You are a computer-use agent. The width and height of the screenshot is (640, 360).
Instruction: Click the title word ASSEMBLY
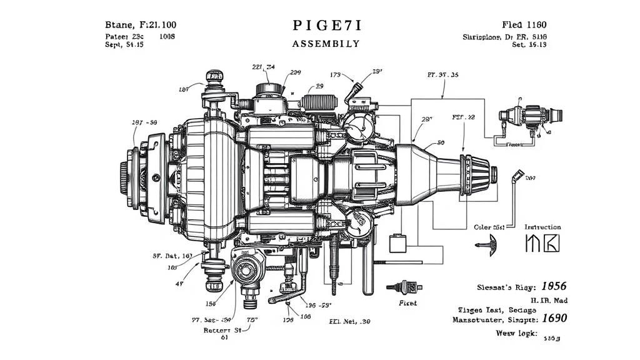pyautogui.click(x=326, y=44)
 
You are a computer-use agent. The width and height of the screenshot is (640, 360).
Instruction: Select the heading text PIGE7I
pyautogui.click(x=326, y=26)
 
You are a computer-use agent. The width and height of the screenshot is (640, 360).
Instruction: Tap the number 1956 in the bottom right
pyautogui.click(x=553, y=286)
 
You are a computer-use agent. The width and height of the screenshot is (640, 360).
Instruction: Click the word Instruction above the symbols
pyautogui.click(x=542, y=227)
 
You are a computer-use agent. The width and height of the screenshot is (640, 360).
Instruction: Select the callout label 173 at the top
pyautogui.click(x=335, y=76)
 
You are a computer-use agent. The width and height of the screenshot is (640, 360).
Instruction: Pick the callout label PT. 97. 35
pyautogui.click(x=442, y=75)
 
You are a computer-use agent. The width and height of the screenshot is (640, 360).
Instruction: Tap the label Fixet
pyautogui.click(x=407, y=302)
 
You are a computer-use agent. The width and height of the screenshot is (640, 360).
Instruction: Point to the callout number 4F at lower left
pyautogui.click(x=179, y=283)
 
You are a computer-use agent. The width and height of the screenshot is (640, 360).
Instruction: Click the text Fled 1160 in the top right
pyautogui.click(x=524, y=25)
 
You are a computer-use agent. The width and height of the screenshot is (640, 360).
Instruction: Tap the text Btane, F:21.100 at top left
pyautogui.click(x=139, y=25)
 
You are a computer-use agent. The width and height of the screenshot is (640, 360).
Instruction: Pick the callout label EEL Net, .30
pyautogui.click(x=349, y=321)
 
